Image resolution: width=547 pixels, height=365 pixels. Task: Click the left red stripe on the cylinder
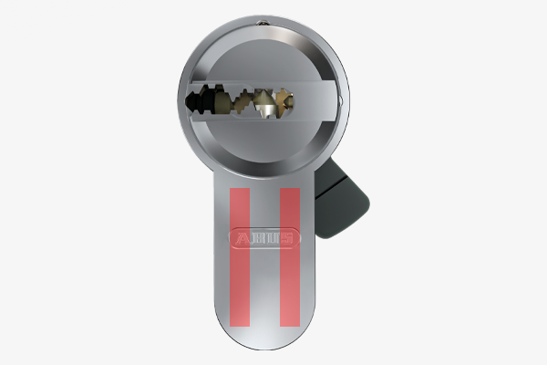point(240,257)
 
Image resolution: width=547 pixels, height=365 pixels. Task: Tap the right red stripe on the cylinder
point(290,257)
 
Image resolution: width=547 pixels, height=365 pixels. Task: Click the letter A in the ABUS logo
point(243,238)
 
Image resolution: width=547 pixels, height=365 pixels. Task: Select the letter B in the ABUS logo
point(257,238)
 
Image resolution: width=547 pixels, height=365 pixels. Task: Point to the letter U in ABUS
point(272,238)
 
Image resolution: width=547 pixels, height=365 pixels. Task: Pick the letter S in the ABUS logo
point(286,238)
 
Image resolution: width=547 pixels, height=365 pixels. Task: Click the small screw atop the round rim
point(263,23)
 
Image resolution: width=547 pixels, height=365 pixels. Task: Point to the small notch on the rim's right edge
point(340,101)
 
